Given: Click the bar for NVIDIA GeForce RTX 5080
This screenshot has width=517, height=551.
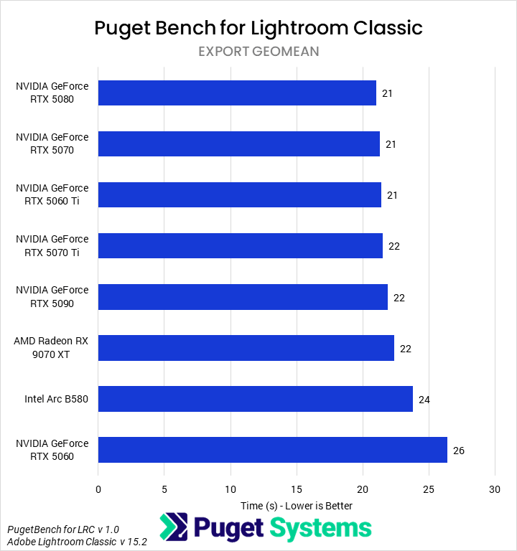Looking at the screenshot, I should [237, 93].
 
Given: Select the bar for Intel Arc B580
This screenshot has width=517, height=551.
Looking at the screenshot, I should [256, 399].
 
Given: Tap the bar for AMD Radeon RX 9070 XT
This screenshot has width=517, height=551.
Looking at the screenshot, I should [246, 348].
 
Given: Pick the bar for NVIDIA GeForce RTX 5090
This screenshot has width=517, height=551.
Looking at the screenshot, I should [243, 297].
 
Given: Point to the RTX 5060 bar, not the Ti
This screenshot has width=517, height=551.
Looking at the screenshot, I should [273, 450].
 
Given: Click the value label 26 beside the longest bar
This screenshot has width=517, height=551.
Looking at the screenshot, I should [459, 451].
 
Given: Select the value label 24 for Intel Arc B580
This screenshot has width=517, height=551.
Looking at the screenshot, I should [424, 400].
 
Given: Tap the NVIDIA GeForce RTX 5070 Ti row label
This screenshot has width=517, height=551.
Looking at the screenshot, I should [52, 245].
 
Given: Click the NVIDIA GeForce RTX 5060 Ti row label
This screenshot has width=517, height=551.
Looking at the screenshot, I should [52, 194].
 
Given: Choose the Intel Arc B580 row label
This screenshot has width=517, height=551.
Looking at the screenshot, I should [56, 399].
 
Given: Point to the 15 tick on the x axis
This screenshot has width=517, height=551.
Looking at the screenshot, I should [297, 489].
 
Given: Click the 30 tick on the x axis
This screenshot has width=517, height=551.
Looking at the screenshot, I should [495, 489].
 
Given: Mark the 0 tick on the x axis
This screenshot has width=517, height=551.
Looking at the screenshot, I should [98, 489].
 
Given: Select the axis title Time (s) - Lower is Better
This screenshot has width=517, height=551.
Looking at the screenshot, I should [297, 505].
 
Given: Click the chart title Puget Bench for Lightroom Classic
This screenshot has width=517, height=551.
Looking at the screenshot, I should [258, 27].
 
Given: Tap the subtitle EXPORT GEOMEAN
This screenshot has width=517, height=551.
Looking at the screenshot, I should [258, 51].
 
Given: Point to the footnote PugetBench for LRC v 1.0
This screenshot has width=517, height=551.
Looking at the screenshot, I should [63, 529].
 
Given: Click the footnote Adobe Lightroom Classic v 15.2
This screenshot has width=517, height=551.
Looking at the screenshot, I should [77, 542].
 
